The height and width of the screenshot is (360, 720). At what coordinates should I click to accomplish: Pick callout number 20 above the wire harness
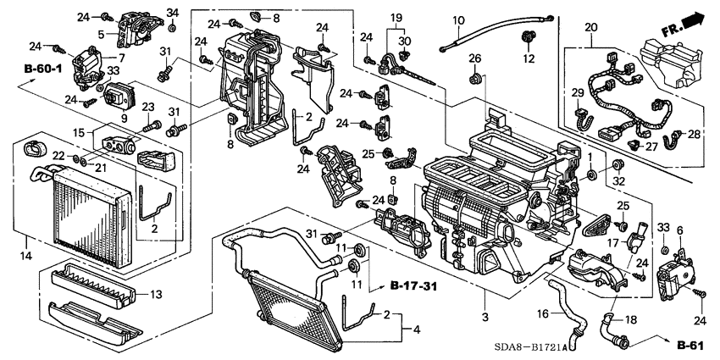click(590, 28)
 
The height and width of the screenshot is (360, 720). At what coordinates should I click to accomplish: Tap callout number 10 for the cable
click(458, 19)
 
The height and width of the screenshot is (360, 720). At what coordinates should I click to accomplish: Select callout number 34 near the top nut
click(173, 12)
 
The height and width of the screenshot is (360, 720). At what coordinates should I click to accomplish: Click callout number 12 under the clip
click(529, 59)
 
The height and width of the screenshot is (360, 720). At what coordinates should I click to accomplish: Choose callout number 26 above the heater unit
click(475, 58)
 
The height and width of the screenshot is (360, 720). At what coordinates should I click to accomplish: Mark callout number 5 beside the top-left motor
click(101, 35)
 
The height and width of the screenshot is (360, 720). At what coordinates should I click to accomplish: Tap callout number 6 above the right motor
click(678, 230)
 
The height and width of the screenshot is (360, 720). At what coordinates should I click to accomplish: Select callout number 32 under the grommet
click(618, 181)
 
